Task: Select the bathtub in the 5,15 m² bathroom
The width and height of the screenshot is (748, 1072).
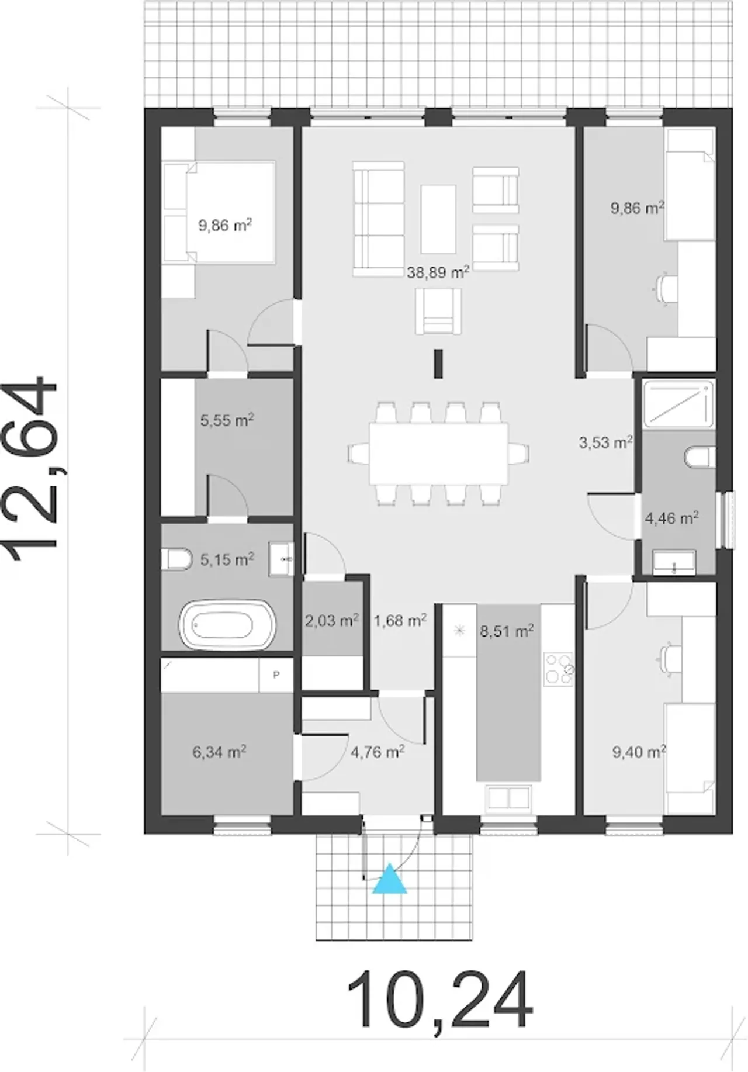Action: click(x=227, y=626)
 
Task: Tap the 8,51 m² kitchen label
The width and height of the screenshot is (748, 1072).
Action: click(x=507, y=631)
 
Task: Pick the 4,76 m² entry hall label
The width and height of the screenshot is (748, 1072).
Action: click(x=378, y=752)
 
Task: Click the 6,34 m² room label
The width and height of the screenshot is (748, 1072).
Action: click(x=219, y=751)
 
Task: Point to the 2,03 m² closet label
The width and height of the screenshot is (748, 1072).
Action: click(x=332, y=620)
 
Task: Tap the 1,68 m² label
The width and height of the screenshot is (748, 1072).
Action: click(x=400, y=620)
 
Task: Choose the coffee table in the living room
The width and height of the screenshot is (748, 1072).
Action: click(x=438, y=219)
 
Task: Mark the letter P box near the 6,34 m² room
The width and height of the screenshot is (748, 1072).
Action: click(x=276, y=675)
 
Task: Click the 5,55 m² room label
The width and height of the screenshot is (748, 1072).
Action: click(x=227, y=420)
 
